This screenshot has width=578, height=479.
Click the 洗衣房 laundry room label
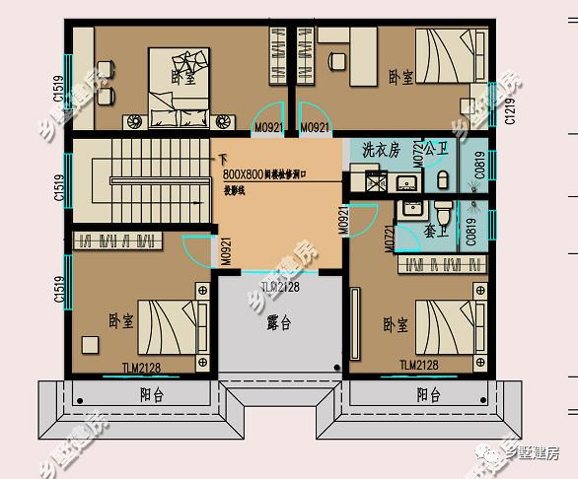pyautogui.click(x=380, y=152)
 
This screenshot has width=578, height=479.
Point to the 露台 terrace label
pyautogui.click(x=279, y=322)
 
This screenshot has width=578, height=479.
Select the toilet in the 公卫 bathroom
pyautogui.click(x=443, y=180)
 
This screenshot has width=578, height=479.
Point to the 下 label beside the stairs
pyautogui.click(x=223, y=158)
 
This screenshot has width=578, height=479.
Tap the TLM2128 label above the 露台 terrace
pyautogui.click(x=279, y=286)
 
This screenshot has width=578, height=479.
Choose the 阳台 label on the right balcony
pyautogui.click(x=428, y=395)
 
